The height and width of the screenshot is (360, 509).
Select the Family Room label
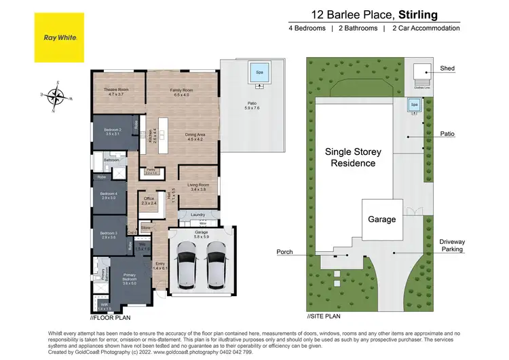coord(183,92)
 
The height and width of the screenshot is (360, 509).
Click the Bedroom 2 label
coord(112,132)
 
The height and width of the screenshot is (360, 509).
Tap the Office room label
coord(149,200)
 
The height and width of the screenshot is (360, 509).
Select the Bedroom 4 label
coord(109,196)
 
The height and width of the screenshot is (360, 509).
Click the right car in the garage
coord(215,264)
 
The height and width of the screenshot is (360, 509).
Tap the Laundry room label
coord(197,215)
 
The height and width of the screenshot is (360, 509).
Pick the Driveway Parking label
coord(451,245)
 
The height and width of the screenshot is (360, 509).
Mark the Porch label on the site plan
coord(284,253)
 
